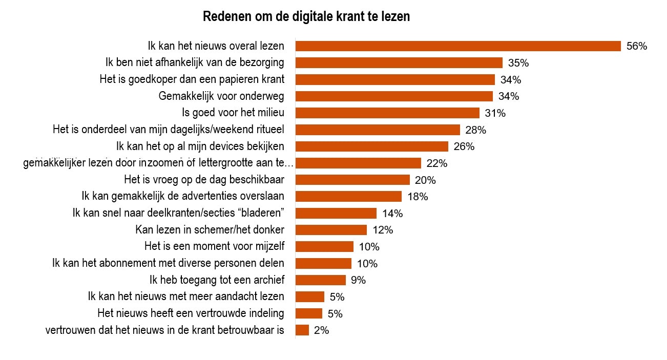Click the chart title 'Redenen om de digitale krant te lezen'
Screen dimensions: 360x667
point(306,17)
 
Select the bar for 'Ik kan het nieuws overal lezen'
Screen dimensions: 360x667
point(458,46)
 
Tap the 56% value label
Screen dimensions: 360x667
point(637,46)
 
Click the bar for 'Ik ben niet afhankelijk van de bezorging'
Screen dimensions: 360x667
point(399,63)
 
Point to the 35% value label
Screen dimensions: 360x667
point(518,63)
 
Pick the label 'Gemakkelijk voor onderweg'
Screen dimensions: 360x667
point(221,96)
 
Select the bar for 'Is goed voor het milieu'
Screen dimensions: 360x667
point(387,113)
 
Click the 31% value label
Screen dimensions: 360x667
point(495,113)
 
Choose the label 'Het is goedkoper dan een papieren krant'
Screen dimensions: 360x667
point(192,79)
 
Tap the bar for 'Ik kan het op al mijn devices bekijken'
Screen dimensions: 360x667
point(372,146)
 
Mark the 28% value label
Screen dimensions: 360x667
point(476,130)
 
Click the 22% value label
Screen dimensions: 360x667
point(437,163)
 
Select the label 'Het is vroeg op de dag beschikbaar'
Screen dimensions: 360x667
point(204,180)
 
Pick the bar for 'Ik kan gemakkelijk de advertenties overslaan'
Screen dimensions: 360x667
point(348,197)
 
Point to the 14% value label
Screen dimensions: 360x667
point(392,214)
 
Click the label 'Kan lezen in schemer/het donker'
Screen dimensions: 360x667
point(210,230)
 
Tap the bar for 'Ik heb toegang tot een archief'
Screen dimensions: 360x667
point(321,280)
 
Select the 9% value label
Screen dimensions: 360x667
point(359,280)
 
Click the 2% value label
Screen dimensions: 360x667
point(321,330)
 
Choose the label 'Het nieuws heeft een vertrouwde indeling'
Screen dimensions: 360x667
point(191,313)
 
